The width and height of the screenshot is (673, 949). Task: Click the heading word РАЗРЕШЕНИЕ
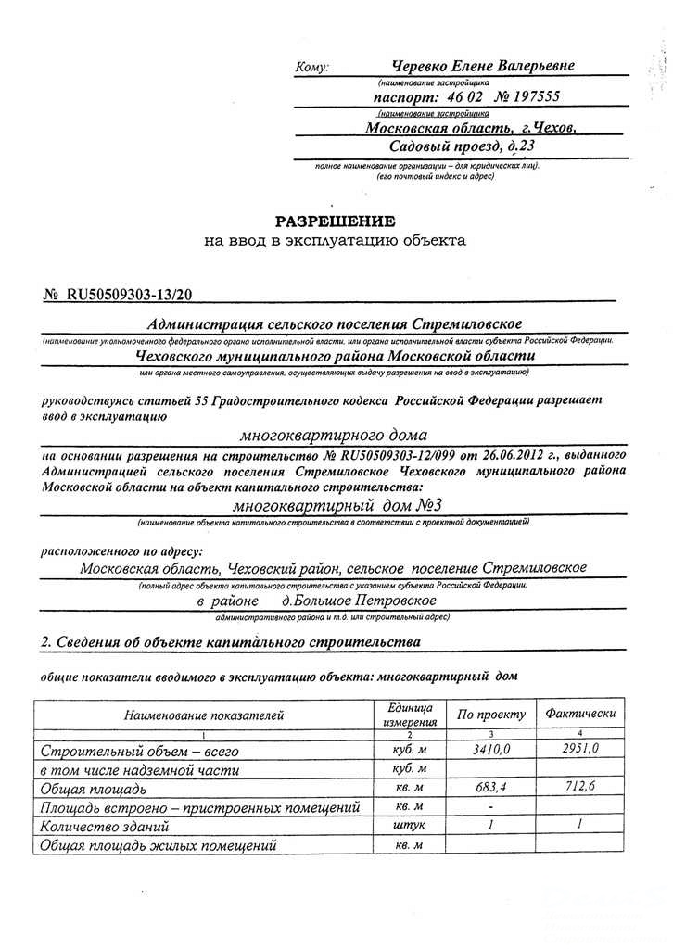[x=335, y=221]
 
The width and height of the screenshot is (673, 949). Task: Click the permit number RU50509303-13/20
[x=130, y=295]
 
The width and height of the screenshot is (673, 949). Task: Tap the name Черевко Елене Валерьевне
[x=483, y=66]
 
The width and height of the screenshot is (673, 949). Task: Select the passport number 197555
[x=530, y=96]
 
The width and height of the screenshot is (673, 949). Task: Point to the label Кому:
[x=312, y=68]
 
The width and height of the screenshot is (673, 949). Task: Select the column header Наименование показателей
[x=204, y=715]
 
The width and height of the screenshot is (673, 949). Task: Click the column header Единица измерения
[x=409, y=715]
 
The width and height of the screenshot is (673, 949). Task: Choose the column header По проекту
[x=491, y=715]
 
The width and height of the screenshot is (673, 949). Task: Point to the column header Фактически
[x=580, y=714]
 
